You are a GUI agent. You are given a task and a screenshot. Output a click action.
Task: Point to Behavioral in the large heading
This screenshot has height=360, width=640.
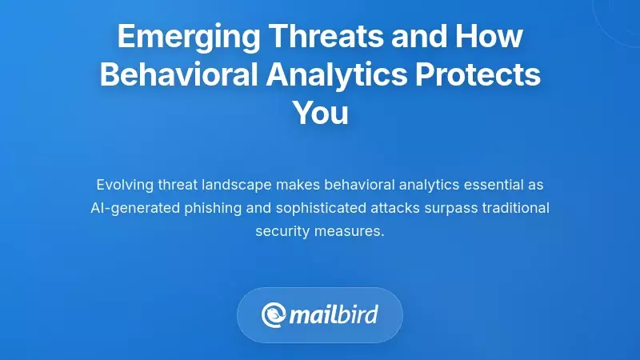point(180,75)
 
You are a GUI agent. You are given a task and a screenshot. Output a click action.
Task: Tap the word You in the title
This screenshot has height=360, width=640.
point(320,113)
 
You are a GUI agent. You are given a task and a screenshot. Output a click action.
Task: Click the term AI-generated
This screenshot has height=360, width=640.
point(130,208)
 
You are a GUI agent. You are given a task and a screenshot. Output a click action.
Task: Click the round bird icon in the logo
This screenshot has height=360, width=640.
point(274,315)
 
